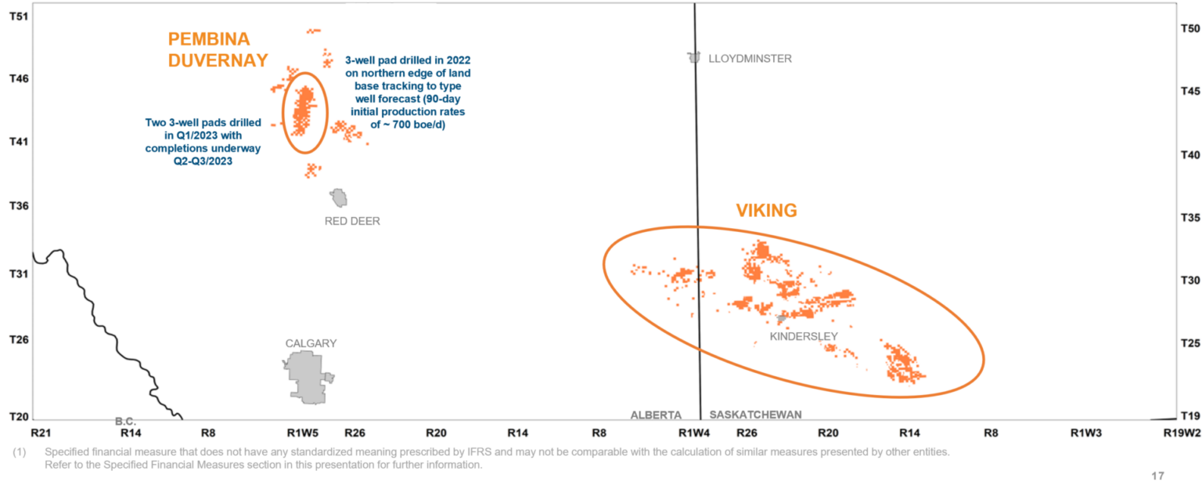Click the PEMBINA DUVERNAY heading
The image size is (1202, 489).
pyautogui.click(x=218, y=49)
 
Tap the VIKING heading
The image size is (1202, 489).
pyautogui.click(x=766, y=210)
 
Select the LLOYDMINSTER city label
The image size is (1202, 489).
pyautogui.click(x=750, y=59)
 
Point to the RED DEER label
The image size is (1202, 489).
pyautogui.click(x=352, y=221)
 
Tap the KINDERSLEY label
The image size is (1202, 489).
pyautogui.click(x=804, y=336)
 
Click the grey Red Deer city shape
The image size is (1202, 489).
pyautogui.click(x=339, y=197)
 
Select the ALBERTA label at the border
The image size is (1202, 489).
pyautogui.click(x=656, y=415)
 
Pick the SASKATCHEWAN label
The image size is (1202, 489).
pyautogui.click(x=756, y=415)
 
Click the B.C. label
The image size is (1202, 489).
pyautogui.click(x=125, y=422)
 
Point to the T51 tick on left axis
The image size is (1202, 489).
pyautogui.click(x=19, y=16)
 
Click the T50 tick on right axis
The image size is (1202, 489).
pyautogui.click(x=1189, y=29)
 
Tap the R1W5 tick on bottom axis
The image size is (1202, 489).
pyautogui.click(x=302, y=432)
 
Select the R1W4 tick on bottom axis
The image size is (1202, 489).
pyautogui.click(x=694, y=432)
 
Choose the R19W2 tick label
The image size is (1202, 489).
pyautogui.click(x=1182, y=432)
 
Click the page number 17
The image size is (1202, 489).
pyautogui.click(x=1158, y=476)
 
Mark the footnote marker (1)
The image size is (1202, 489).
pyautogui.click(x=18, y=452)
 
